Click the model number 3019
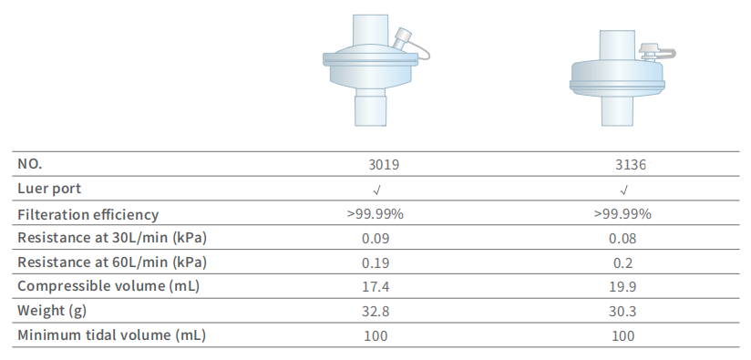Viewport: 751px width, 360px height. pyautogui.click(x=384, y=165)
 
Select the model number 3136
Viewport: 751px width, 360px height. pyautogui.click(x=631, y=165)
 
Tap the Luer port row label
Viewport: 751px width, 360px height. pyautogui.click(x=49, y=189)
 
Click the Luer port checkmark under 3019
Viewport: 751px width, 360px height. pyautogui.click(x=376, y=190)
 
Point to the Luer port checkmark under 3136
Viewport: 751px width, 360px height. pyautogui.click(x=623, y=190)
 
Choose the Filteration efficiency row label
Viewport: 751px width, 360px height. pyautogui.click(x=88, y=214)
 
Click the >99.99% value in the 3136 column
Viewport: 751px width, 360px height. pyautogui.click(x=622, y=214)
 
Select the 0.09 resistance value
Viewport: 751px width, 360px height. pyautogui.click(x=375, y=239)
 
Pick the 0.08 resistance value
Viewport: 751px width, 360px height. pyautogui.click(x=622, y=239)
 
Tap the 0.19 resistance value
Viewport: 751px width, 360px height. pyautogui.click(x=375, y=262)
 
